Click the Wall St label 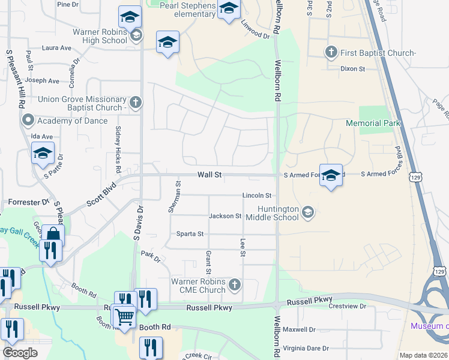pos(210,175)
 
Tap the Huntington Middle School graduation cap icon pos(308,211)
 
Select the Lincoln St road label pos(257,196)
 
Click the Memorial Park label pos(372,123)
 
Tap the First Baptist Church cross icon pos(331,53)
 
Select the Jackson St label pos(225,216)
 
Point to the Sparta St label pos(189,234)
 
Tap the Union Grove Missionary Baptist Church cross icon pos(136,103)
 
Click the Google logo pos(20,353)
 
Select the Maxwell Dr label pos(299,329)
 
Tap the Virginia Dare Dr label pos(306,348)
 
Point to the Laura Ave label pos(57,48)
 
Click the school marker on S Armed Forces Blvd pos(331,175)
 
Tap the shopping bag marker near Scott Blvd pos(53,235)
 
